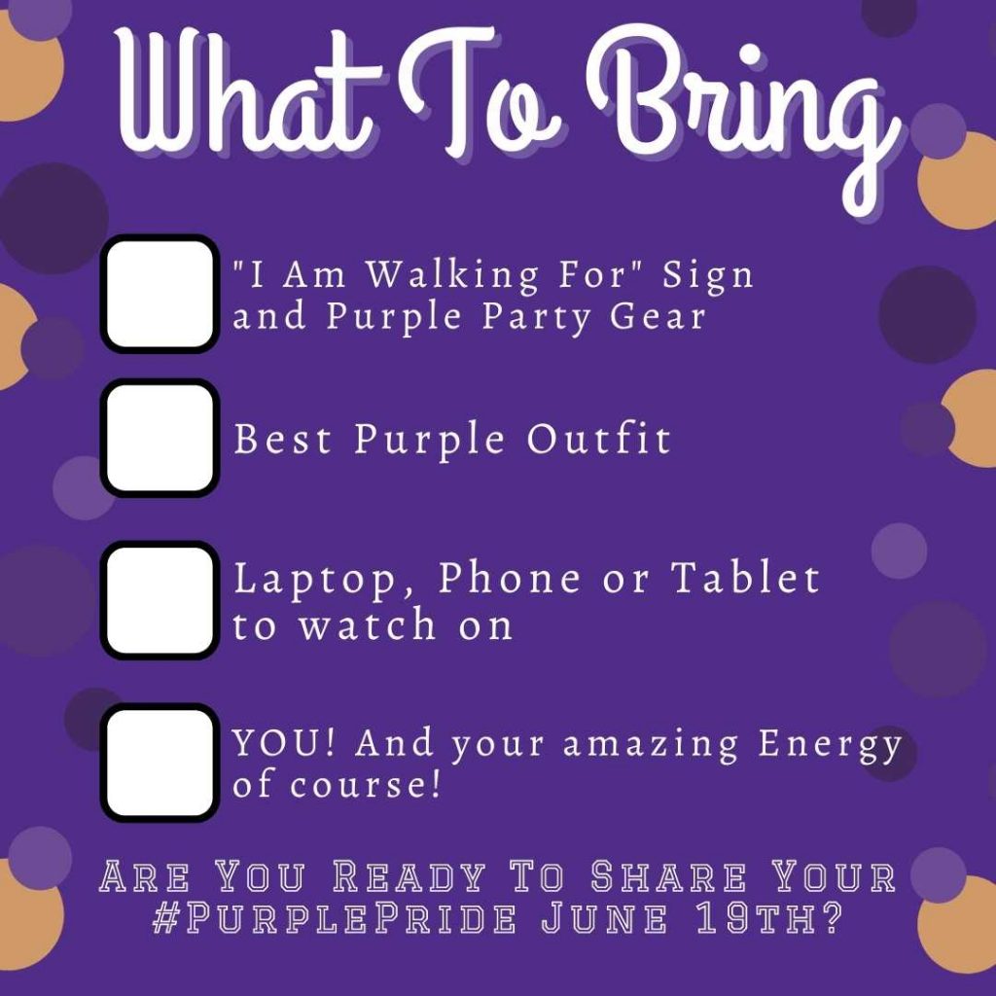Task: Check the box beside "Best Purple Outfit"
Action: pos(160,438)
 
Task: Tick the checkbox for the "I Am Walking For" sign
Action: pos(160,294)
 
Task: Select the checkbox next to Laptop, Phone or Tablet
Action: pos(160,599)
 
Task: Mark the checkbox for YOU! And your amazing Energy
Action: pos(160,763)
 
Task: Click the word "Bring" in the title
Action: pos(742,115)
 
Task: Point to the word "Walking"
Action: pos(453,275)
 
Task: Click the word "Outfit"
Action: pos(598,439)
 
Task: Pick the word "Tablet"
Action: pos(746,577)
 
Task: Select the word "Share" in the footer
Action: pos(669,876)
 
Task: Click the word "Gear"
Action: pos(658,316)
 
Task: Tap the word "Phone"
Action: pos(509,577)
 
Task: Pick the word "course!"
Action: pos(366,785)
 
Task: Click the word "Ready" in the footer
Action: pos(409,876)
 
